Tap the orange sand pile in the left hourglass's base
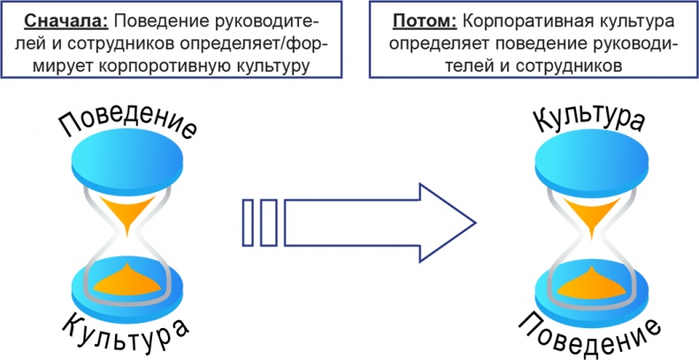click(x=129, y=280)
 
